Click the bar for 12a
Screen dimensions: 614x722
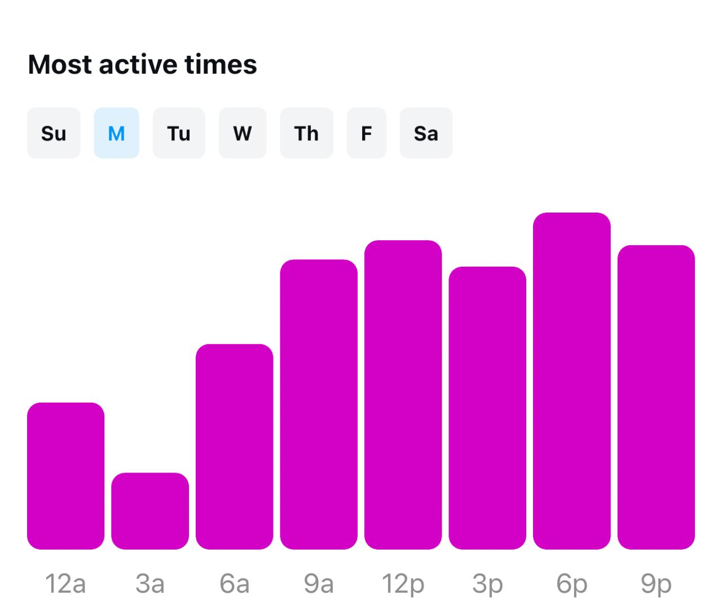(x=65, y=476)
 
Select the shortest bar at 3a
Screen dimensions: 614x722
(x=150, y=511)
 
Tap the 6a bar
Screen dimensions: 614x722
(x=234, y=447)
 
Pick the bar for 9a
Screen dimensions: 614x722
(x=319, y=404)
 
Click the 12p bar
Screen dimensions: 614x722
(x=403, y=395)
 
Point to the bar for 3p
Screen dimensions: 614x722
(x=487, y=408)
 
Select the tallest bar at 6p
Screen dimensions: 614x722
(x=571, y=381)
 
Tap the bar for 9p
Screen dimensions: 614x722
(x=656, y=397)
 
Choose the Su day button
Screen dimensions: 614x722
(x=54, y=133)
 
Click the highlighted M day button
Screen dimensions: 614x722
(x=116, y=133)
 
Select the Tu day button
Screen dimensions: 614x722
(x=179, y=133)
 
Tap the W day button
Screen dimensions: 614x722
(x=243, y=133)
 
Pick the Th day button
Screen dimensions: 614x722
(x=306, y=133)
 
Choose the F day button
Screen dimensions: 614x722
(x=366, y=133)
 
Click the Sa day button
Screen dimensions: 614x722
(x=426, y=133)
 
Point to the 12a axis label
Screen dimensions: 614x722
(x=65, y=584)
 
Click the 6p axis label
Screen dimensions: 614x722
(x=571, y=584)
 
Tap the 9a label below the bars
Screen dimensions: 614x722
(x=319, y=584)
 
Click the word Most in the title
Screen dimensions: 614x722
(x=60, y=64)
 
